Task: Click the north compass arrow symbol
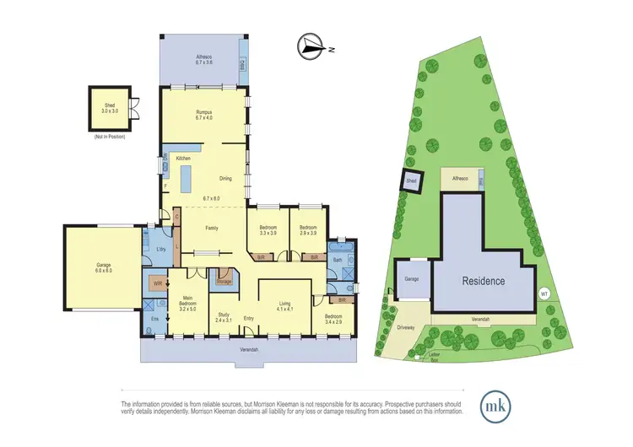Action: pos(311,47)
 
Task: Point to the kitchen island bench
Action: pos(187,177)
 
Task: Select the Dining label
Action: pos(225,178)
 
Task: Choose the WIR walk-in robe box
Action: pos(158,284)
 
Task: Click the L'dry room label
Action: pos(160,249)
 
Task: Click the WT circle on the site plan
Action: pos(544,294)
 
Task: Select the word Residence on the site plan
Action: pos(483,281)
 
